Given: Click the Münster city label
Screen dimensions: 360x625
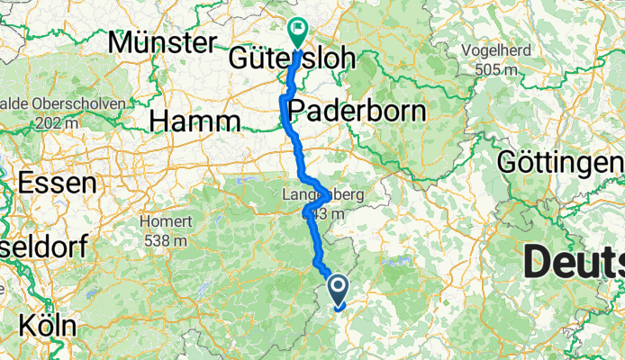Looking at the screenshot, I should click(x=162, y=41).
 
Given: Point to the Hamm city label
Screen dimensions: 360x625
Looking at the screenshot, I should click(x=195, y=120).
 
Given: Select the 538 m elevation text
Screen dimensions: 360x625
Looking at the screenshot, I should click(x=166, y=240).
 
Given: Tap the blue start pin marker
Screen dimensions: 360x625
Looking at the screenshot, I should click(x=339, y=289).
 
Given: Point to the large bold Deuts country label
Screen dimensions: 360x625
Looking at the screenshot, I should click(x=573, y=264).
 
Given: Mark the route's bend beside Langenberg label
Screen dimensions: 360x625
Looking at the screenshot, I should click(x=309, y=210).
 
